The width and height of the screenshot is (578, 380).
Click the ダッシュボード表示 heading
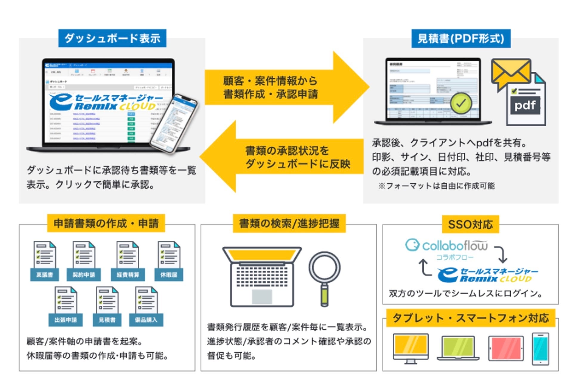pyautogui.click(x=112, y=38)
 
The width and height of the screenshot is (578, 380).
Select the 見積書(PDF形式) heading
pyautogui.click(x=460, y=38)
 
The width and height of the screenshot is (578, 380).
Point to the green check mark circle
pyautogui.click(x=461, y=103)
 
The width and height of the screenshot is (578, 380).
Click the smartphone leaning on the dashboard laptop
pyautogui.click(x=174, y=124)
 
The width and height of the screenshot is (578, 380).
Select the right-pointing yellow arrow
pyautogui.click(x=286, y=87)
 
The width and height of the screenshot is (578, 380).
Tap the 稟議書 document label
pyautogui.click(x=44, y=275)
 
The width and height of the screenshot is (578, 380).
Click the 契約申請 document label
pyautogui.click(x=84, y=275)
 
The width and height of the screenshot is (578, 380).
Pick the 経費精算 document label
pyautogui.click(x=128, y=275)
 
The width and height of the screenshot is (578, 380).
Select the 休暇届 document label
pyautogui.click(x=169, y=275)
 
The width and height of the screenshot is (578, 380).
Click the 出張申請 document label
pyautogui.click(x=66, y=320)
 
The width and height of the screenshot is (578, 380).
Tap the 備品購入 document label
pyautogui.click(x=146, y=320)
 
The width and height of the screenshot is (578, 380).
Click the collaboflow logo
pyautogui.click(x=447, y=246)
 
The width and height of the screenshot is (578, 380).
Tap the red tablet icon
pyautogui.click(x=506, y=348)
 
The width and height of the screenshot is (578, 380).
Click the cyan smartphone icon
pyautogui.click(x=540, y=348)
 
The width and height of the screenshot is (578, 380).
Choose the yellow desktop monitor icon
pyautogui.click(x=411, y=347)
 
